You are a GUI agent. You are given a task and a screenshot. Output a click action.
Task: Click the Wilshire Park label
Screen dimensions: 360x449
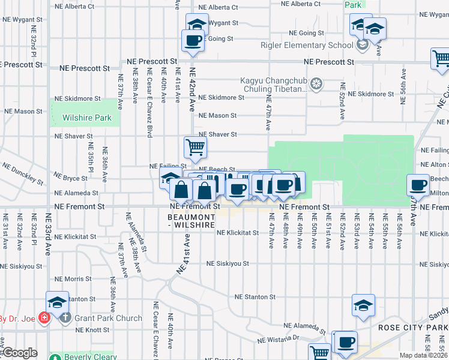87,118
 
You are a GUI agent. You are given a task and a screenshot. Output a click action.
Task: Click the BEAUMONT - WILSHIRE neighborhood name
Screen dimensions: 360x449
191,220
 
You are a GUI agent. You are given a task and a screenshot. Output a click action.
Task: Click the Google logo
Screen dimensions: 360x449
19,353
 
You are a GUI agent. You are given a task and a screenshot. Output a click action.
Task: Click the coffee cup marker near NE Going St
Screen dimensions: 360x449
193,41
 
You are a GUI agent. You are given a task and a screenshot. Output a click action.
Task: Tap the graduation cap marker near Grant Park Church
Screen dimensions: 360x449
58,302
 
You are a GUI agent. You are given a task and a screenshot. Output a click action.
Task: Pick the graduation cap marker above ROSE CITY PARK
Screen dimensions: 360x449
364,305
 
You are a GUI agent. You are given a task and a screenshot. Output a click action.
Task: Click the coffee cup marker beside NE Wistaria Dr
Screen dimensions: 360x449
345,342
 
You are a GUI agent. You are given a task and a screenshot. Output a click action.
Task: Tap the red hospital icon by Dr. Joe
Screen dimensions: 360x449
43,317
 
